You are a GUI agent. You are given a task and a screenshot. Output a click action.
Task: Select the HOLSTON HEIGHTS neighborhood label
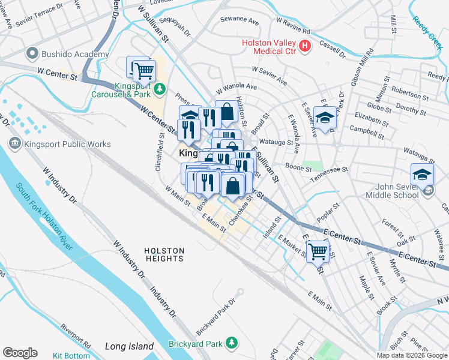(164, 254)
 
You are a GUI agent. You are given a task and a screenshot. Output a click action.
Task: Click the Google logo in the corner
(20, 353)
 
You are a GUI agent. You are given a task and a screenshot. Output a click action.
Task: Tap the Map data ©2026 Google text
(411, 355)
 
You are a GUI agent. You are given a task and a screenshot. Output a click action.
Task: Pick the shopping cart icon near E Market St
(318, 250)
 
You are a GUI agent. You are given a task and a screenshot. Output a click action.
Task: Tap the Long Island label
(129, 346)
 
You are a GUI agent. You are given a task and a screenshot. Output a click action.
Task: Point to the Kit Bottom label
(71, 356)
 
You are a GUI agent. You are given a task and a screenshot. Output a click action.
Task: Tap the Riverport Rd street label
(76, 337)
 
